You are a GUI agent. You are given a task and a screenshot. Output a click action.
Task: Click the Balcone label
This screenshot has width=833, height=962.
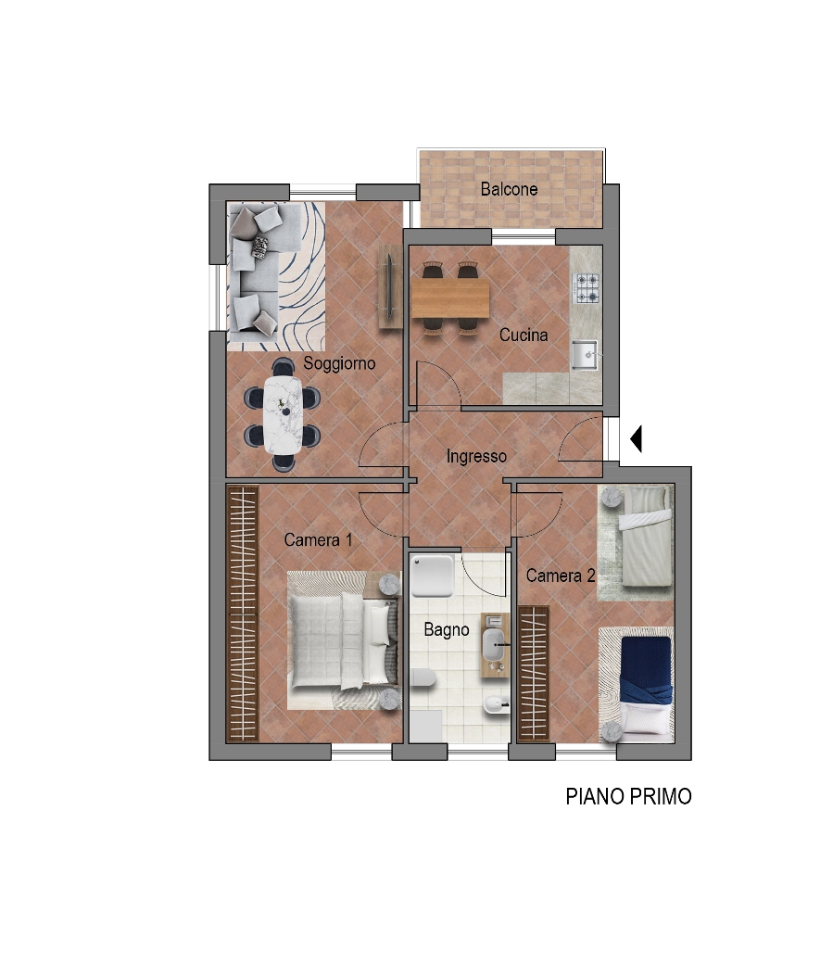pyautogui.click(x=509, y=189)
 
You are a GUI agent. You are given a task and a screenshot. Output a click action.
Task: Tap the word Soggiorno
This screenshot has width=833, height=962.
pyautogui.click(x=339, y=363)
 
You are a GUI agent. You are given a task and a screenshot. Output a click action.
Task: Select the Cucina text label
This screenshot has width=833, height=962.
pyautogui.click(x=524, y=335)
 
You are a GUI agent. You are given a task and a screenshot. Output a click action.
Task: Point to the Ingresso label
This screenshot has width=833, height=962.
pyautogui.click(x=476, y=457)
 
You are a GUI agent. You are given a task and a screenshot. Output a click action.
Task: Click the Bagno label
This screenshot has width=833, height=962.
pyautogui.click(x=447, y=629)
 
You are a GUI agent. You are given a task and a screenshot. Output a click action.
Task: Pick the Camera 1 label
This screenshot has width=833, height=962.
pyautogui.click(x=319, y=540)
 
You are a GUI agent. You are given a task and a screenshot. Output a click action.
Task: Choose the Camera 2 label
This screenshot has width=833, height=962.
pyautogui.click(x=561, y=576)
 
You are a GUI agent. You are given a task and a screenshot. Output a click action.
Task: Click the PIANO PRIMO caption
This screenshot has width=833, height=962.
pyautogui.click(x=628, y=796)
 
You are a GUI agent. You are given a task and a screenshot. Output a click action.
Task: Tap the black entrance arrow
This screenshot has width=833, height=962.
pyautogui.click(x=636, y=438)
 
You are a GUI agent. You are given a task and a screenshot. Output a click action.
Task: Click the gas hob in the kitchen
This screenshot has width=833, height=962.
pyautogui.click(x=587, y=288)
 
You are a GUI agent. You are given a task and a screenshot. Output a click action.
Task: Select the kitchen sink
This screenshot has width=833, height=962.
pyautogui.click(x=585, y=355)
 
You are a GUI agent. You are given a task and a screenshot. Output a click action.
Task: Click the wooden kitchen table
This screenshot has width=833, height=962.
pyautogui.click(x=450, y=298)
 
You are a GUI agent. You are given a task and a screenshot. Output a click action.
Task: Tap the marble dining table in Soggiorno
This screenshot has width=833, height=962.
pyautogui.click(x=283, y=415)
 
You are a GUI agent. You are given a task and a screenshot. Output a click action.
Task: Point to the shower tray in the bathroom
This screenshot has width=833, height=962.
pyautogui.click(x=432, y=576)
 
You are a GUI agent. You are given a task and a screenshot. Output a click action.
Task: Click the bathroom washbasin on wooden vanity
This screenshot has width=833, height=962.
pyautogui.click(x=495, y=645)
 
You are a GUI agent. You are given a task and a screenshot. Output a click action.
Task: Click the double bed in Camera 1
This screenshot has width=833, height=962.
pyautogui.click(x=340, y=641)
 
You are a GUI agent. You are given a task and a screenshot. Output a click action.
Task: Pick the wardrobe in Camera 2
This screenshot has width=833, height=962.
pyautogui.click(x=534, y=675)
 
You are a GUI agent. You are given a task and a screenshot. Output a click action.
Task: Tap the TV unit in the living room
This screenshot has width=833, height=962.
pyautogui.click(x=389, y=286)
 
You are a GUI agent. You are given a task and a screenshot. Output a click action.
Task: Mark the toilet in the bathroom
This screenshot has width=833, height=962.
pyautogui.click(x=423, y=677)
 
